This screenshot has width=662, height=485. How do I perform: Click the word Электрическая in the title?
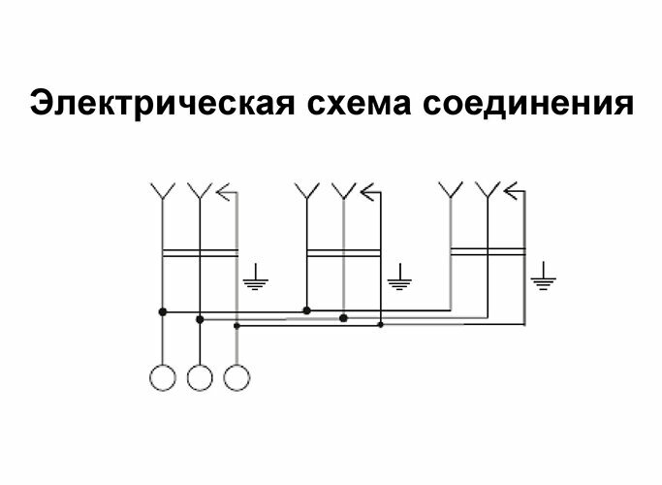pos(152,104)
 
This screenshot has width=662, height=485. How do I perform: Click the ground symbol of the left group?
pos(254,280)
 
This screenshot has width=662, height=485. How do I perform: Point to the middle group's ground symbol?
pos(398,280)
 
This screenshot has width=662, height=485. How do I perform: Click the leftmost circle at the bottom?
pos(162,375)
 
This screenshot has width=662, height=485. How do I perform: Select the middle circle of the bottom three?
pos(199,375)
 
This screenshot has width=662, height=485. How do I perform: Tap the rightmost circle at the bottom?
pos(236,375)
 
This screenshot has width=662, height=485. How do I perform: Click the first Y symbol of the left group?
pos(162,191)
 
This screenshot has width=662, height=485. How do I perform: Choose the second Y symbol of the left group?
pos(199,191)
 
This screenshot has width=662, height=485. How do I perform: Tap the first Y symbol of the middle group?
pos(307,191)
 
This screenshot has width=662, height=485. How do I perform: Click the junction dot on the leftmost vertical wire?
pos(162,311)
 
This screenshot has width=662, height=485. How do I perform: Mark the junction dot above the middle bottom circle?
pos(199,318)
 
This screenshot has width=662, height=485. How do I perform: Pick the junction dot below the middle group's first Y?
pos(306,311)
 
